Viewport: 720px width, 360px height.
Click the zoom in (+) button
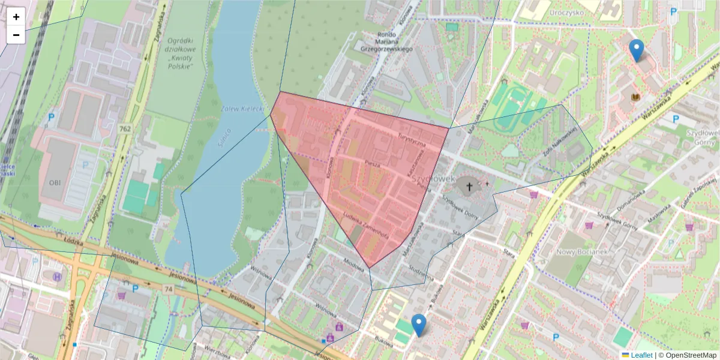(x=16, y=17)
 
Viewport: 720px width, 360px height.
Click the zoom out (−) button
(x=16, y=35)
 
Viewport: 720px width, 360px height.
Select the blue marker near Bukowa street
(x=419, y=325)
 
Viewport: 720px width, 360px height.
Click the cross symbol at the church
(x=469, y=187)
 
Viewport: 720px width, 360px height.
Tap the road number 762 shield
(x=125, y=128)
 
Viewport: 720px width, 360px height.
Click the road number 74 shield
(x=169, y=289)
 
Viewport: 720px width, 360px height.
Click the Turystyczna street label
(x=411, y=138)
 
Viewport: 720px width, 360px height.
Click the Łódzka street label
(x=73, y=241)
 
